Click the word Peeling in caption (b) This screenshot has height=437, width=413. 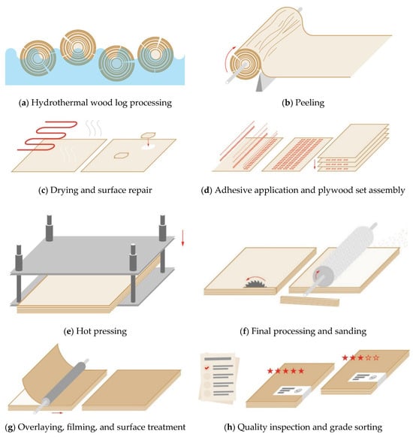point(309,103)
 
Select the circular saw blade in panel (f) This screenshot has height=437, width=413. point(255,284)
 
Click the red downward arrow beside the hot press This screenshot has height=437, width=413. point(182,238)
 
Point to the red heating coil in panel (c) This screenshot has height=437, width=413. point(47,136)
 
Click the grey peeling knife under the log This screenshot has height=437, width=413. point(262,83)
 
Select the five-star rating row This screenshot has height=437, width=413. point(285,371)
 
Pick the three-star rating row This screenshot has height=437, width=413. point(360,357)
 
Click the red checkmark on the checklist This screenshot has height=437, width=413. point(206,368)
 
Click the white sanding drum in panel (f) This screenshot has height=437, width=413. point(345,252)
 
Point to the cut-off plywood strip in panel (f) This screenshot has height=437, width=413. point(309,301)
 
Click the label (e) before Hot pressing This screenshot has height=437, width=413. point(68,331)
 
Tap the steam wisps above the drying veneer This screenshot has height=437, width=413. point(94,128)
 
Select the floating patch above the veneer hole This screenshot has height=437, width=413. point(148,135)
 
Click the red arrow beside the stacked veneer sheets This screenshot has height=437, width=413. point(315,164)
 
